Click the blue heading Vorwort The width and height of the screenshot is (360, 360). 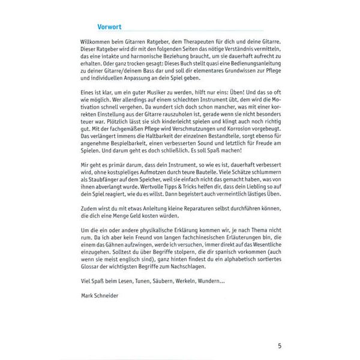pos(112,26)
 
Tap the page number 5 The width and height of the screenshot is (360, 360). pos(280,346)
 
